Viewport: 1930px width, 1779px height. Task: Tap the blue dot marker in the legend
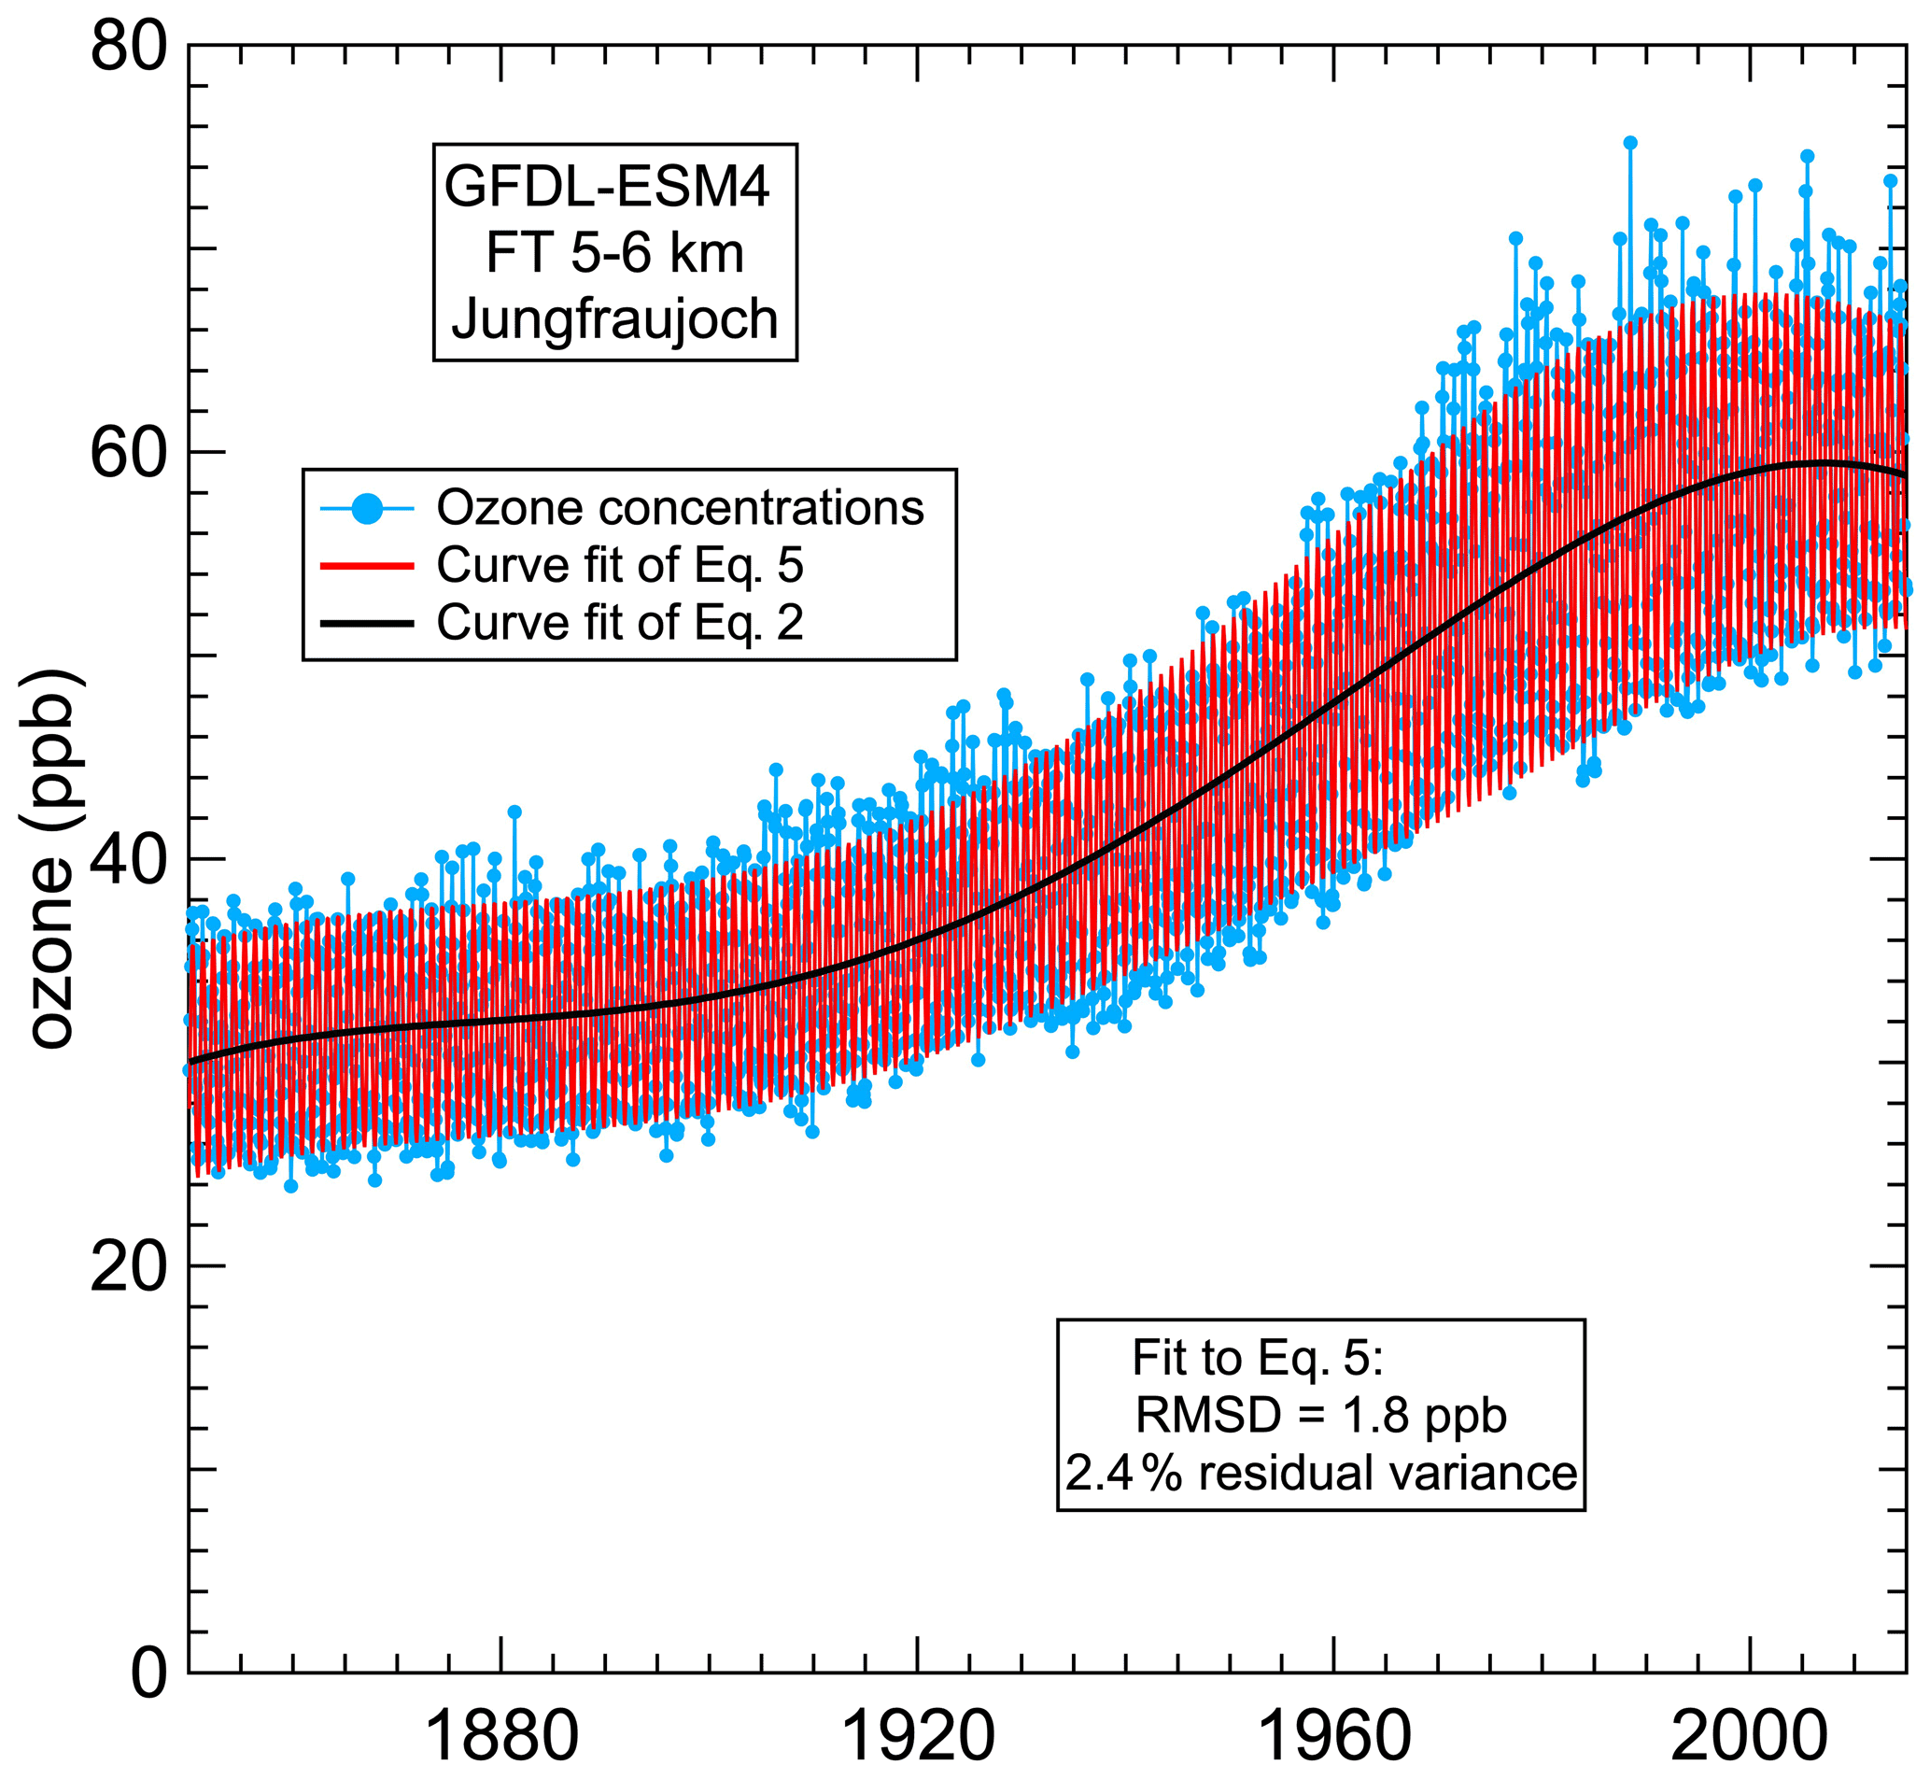tap(367, 507)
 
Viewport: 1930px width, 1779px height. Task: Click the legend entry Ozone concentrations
tap(680, 507)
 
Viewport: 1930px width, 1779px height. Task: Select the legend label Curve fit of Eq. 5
tap(619, 565)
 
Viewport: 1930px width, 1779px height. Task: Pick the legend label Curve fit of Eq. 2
tap(619, 623)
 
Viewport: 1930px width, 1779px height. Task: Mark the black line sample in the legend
tap(367, 624)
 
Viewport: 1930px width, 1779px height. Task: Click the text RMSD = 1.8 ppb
tap(1320, 1415)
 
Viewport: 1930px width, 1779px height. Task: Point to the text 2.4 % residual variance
tap(1320, 1474)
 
